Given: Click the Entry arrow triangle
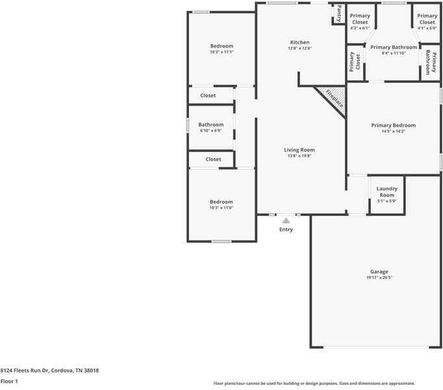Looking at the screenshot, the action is pyautogui.click(x=286, y=220).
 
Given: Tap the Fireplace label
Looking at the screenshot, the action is pyautogui.click(x=335, y=98).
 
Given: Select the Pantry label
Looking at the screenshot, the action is pyautogui.click(x=339, y=13).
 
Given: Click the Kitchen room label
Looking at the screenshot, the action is pyautogui.click(x=299, y=42).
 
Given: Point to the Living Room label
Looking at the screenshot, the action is pyautogui.click(x=299, y=150).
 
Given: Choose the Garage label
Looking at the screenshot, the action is pyautogui.click(x=379, y=272).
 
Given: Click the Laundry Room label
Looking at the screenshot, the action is pyautogui.click(x=386, y=192).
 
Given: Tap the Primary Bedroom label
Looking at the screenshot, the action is pyautogui.click(x=393, y=125).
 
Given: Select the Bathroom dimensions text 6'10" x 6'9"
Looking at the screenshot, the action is pyautogui.click(x=210, y=131).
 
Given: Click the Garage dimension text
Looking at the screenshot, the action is pyautogui.click(x=379, y=278).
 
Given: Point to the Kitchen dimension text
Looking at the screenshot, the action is pyautogui.click(x=299, y=48).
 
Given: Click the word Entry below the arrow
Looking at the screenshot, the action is pyautogui.click(x=286, y=229).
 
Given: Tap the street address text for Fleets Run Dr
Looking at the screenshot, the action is pyautogui.click(x=49, y=370).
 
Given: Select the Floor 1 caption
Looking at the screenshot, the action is pyautogui.click(x=9, y=382).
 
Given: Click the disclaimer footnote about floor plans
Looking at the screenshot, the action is pyautogui.click(x=314, y=383).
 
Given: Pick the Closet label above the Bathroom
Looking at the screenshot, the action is pyautogui.click(x=208, y=96).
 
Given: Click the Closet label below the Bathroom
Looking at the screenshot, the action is pyautogui.click(x=213, y=159).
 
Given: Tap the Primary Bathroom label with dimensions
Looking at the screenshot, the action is pyautogui.click(x=394, y=50).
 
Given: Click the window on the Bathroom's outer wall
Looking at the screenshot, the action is pyautogui.click(x=188, y=125).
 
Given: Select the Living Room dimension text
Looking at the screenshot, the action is pyautogui.click(x=299, y=156).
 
